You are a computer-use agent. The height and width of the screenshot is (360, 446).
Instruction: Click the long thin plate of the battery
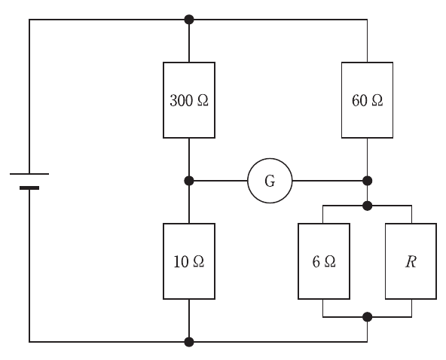(29, 174)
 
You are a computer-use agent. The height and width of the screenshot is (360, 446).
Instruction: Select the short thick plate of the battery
(29, 188)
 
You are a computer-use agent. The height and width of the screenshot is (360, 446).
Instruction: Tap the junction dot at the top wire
(189, 20)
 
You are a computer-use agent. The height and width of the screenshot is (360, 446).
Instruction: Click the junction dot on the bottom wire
(189, 342)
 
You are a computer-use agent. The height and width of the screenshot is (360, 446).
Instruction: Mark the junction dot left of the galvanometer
(189, 181)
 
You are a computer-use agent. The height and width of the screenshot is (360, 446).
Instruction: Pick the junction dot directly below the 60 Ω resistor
(367, 181)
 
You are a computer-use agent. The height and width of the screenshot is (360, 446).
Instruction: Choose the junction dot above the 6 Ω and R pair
(367, 206)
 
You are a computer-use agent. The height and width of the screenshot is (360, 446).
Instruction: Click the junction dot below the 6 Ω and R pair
(367, 317)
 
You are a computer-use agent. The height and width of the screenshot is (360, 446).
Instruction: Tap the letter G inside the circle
(270, 181)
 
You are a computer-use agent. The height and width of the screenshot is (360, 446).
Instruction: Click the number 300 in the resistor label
(181, 101)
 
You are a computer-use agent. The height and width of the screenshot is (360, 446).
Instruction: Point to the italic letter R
(411, 261)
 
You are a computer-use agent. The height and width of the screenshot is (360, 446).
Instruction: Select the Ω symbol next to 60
(377, 101)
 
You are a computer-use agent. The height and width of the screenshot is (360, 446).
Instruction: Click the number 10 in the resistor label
(181, 262)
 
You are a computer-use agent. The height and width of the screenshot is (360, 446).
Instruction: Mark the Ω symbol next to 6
(330, 262)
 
